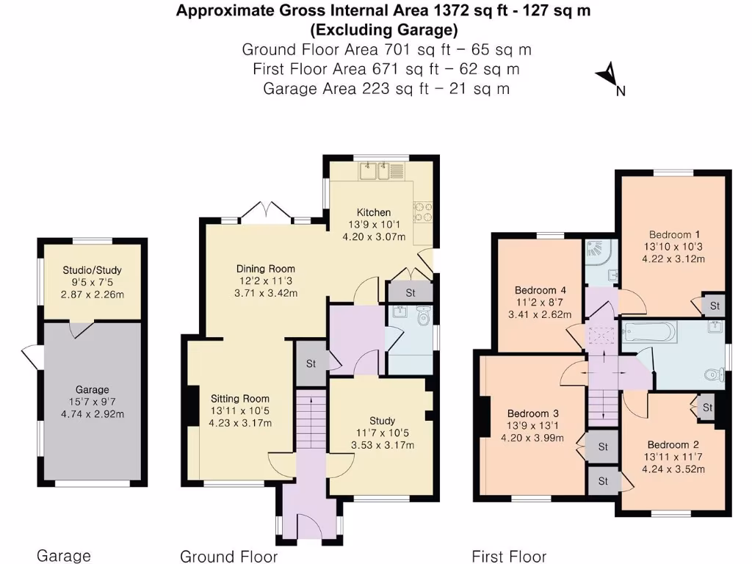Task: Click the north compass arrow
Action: pos(607,73)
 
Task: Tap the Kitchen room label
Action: pos(374,212)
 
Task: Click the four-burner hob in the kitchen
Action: pos(424,212)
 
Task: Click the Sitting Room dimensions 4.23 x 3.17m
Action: pos(240,423)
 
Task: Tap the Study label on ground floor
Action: pos(382,421)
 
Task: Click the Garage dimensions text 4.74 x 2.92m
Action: pos(92,413)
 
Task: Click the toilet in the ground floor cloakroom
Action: pos(422,318)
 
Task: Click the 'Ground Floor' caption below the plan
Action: pos(229,556)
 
